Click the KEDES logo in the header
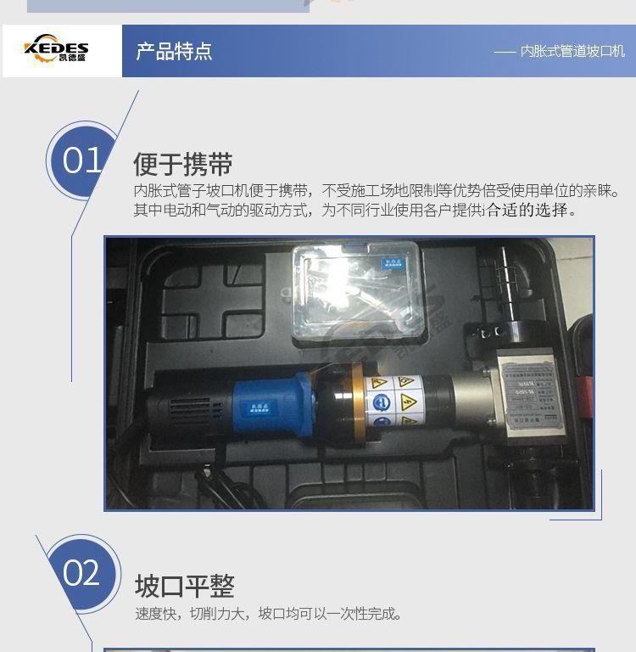(x=57, y=49)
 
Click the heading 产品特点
(x=174, y=51)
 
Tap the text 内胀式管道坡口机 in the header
(x=572, y=52)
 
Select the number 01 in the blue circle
(x=81, y=160)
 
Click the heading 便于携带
(x=182, y=164)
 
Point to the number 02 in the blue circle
(x=81, y=573)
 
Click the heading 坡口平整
(x=184, y=586)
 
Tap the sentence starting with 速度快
(x=268, y=613)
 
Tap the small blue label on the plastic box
(x=392, y=265)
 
